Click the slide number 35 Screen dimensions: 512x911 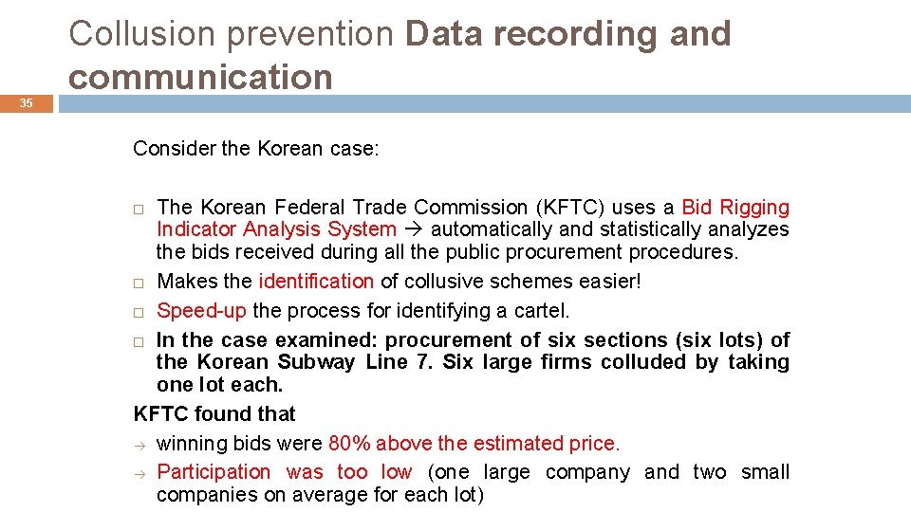[28, 103]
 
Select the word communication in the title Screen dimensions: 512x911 [200, 77]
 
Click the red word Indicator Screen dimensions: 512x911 [196, 229]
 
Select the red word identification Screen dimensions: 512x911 [316, 282]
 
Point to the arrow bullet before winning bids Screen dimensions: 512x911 [139, 444]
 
